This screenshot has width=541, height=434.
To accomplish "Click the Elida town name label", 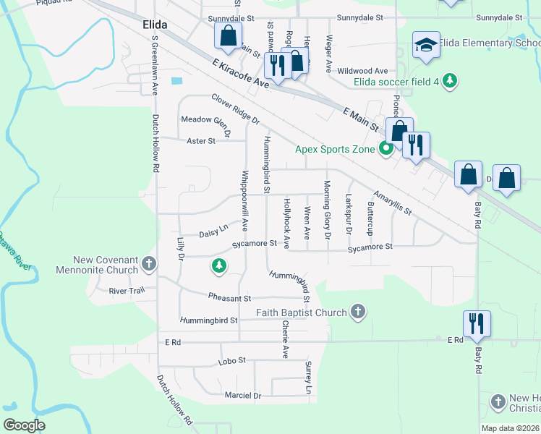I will coord(150,25).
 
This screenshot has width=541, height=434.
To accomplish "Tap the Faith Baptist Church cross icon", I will coord(357,312).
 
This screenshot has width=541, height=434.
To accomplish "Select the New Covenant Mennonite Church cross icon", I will coord(148,263).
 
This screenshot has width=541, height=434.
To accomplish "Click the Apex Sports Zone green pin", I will coord(386,150).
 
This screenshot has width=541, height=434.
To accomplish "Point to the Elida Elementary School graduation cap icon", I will coord(426,46).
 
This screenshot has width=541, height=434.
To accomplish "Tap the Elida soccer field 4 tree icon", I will coord(450,80).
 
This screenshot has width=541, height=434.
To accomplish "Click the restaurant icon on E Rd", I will coord(477,323).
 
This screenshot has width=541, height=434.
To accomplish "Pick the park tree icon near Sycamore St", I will coord(218,266).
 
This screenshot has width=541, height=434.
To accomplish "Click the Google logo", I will coord(25,425).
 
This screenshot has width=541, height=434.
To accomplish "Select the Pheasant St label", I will coord(229,298).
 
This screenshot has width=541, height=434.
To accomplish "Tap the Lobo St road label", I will coord(232,359).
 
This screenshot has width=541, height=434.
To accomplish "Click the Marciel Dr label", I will coord(242,396).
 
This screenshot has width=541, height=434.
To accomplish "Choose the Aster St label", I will coord(201,141).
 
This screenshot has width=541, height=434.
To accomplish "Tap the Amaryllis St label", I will coord(392,203).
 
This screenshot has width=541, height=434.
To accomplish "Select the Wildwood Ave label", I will coord(367,71).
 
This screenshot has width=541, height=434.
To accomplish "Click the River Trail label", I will coord(127,291).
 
